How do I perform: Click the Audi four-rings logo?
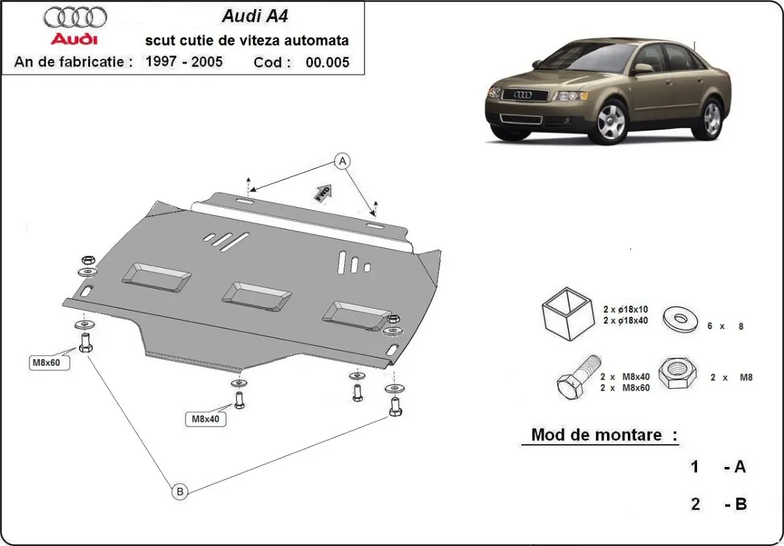click(76, 17)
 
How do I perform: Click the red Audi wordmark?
click(74, 40)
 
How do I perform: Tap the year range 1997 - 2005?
click(184, 62)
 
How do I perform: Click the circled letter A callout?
click(341, 160)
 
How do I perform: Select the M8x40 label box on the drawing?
click(205, 419)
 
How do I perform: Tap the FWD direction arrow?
click(323, 194)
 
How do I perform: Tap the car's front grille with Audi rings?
click(524, 95)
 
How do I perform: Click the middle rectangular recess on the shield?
click(256, 297)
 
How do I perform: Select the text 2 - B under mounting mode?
click(719, 504)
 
